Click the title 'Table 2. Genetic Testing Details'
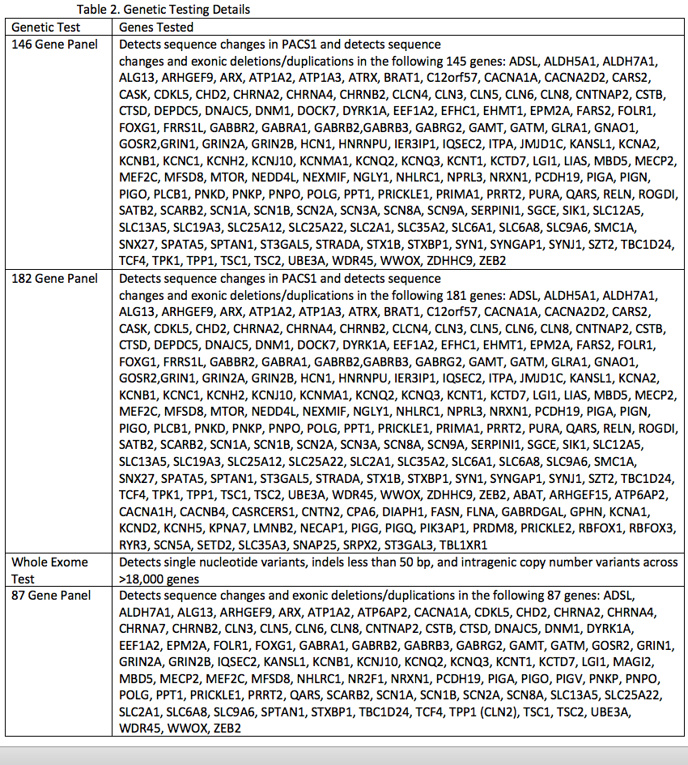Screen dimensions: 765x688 pyautogui.click(x=164, y=10)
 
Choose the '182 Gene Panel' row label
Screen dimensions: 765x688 pyautogui.click(x=53, y=278)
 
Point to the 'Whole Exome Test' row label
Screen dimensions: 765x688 pyautogui.click(x=49, y=570)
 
